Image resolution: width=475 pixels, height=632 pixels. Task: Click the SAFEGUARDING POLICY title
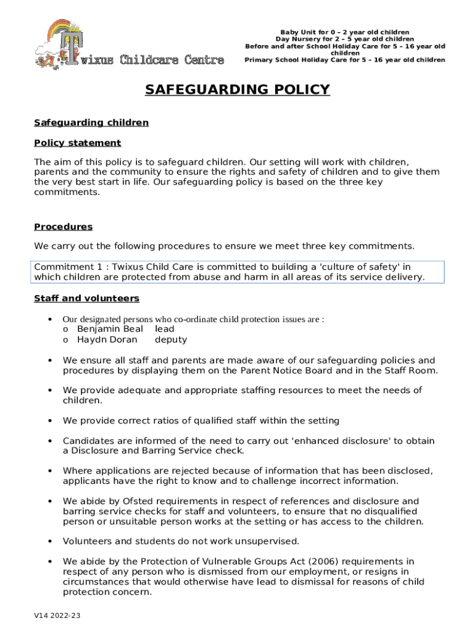point(238,90)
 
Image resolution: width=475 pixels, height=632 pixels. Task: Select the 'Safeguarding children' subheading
point(91,123)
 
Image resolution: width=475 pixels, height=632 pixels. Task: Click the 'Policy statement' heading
point(78,143)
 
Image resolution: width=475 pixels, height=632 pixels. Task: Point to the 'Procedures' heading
point(64,227)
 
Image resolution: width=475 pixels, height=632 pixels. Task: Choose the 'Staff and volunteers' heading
point(87,299)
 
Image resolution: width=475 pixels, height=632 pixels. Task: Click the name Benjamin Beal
point(110,330)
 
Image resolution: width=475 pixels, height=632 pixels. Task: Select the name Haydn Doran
point(107,340)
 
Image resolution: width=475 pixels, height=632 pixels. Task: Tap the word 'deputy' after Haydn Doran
point(171,340)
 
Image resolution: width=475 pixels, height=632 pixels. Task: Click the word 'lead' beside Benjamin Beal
point(165,330)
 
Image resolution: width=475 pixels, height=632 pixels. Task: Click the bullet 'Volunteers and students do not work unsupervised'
point(181,542)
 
